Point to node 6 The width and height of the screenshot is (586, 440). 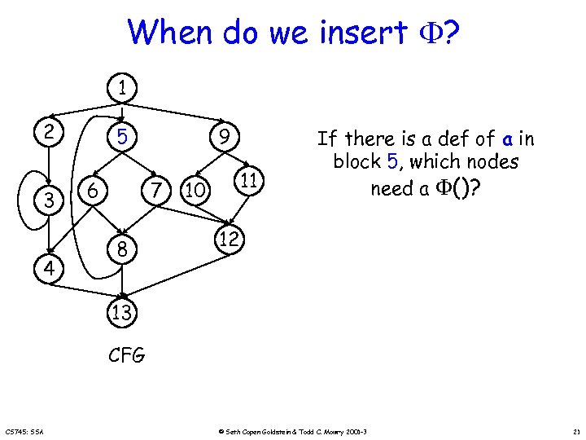click(x=94, y=191)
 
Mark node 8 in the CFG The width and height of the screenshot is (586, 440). click(x=121, y=251)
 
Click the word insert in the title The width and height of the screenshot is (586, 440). click(x=363, y=33)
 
